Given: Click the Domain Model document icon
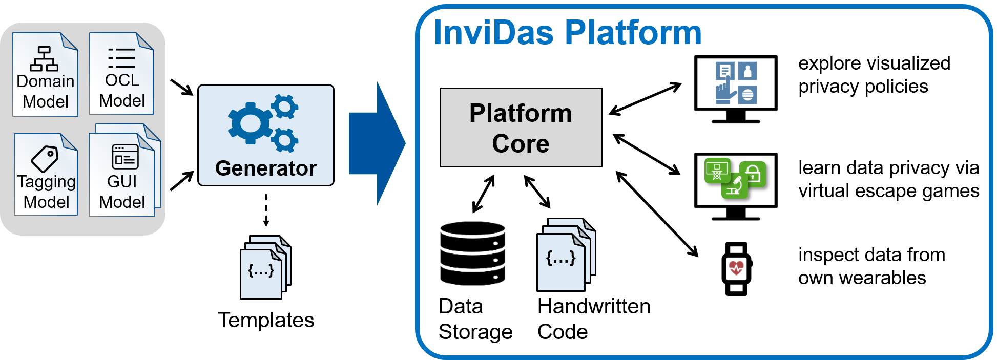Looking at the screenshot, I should click(45, 75).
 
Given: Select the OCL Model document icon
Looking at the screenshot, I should click(121, 74).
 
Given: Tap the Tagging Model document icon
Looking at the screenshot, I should click(46, 175).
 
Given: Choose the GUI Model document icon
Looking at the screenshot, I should click(122, 175).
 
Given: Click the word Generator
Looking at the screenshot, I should click(265, 168).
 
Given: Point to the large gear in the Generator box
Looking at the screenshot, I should click(250, 123).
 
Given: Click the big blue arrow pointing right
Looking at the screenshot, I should click(377, 143).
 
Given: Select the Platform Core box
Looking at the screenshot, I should click(521, 128).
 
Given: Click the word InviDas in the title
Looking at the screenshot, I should click(493, 33).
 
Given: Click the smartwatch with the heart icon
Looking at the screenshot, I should click(737, 269).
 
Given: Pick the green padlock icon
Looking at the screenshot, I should click(753, 174).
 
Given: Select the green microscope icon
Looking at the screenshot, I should click(735, 186).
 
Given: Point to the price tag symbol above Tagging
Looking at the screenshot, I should click(45, 159).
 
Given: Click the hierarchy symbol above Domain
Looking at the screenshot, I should click(44, 59).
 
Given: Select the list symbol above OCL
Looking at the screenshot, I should click(121, 58).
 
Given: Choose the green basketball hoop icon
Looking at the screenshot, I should click(717, 171).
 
